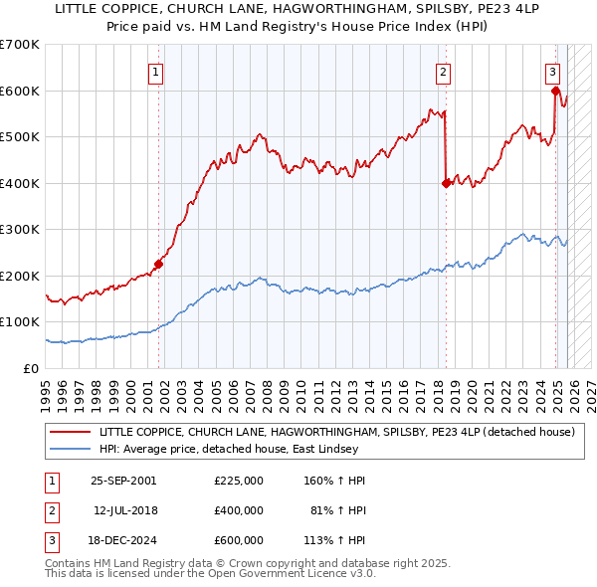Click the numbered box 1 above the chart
157,71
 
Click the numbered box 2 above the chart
443,71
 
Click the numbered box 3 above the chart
552,71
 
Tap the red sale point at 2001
158,265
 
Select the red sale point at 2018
445,183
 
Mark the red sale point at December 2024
555,91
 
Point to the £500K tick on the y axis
20,136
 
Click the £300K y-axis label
20,229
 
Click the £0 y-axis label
30,368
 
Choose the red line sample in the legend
70,433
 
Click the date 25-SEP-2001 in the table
123,481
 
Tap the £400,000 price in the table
238,510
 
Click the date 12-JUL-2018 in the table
123,510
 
